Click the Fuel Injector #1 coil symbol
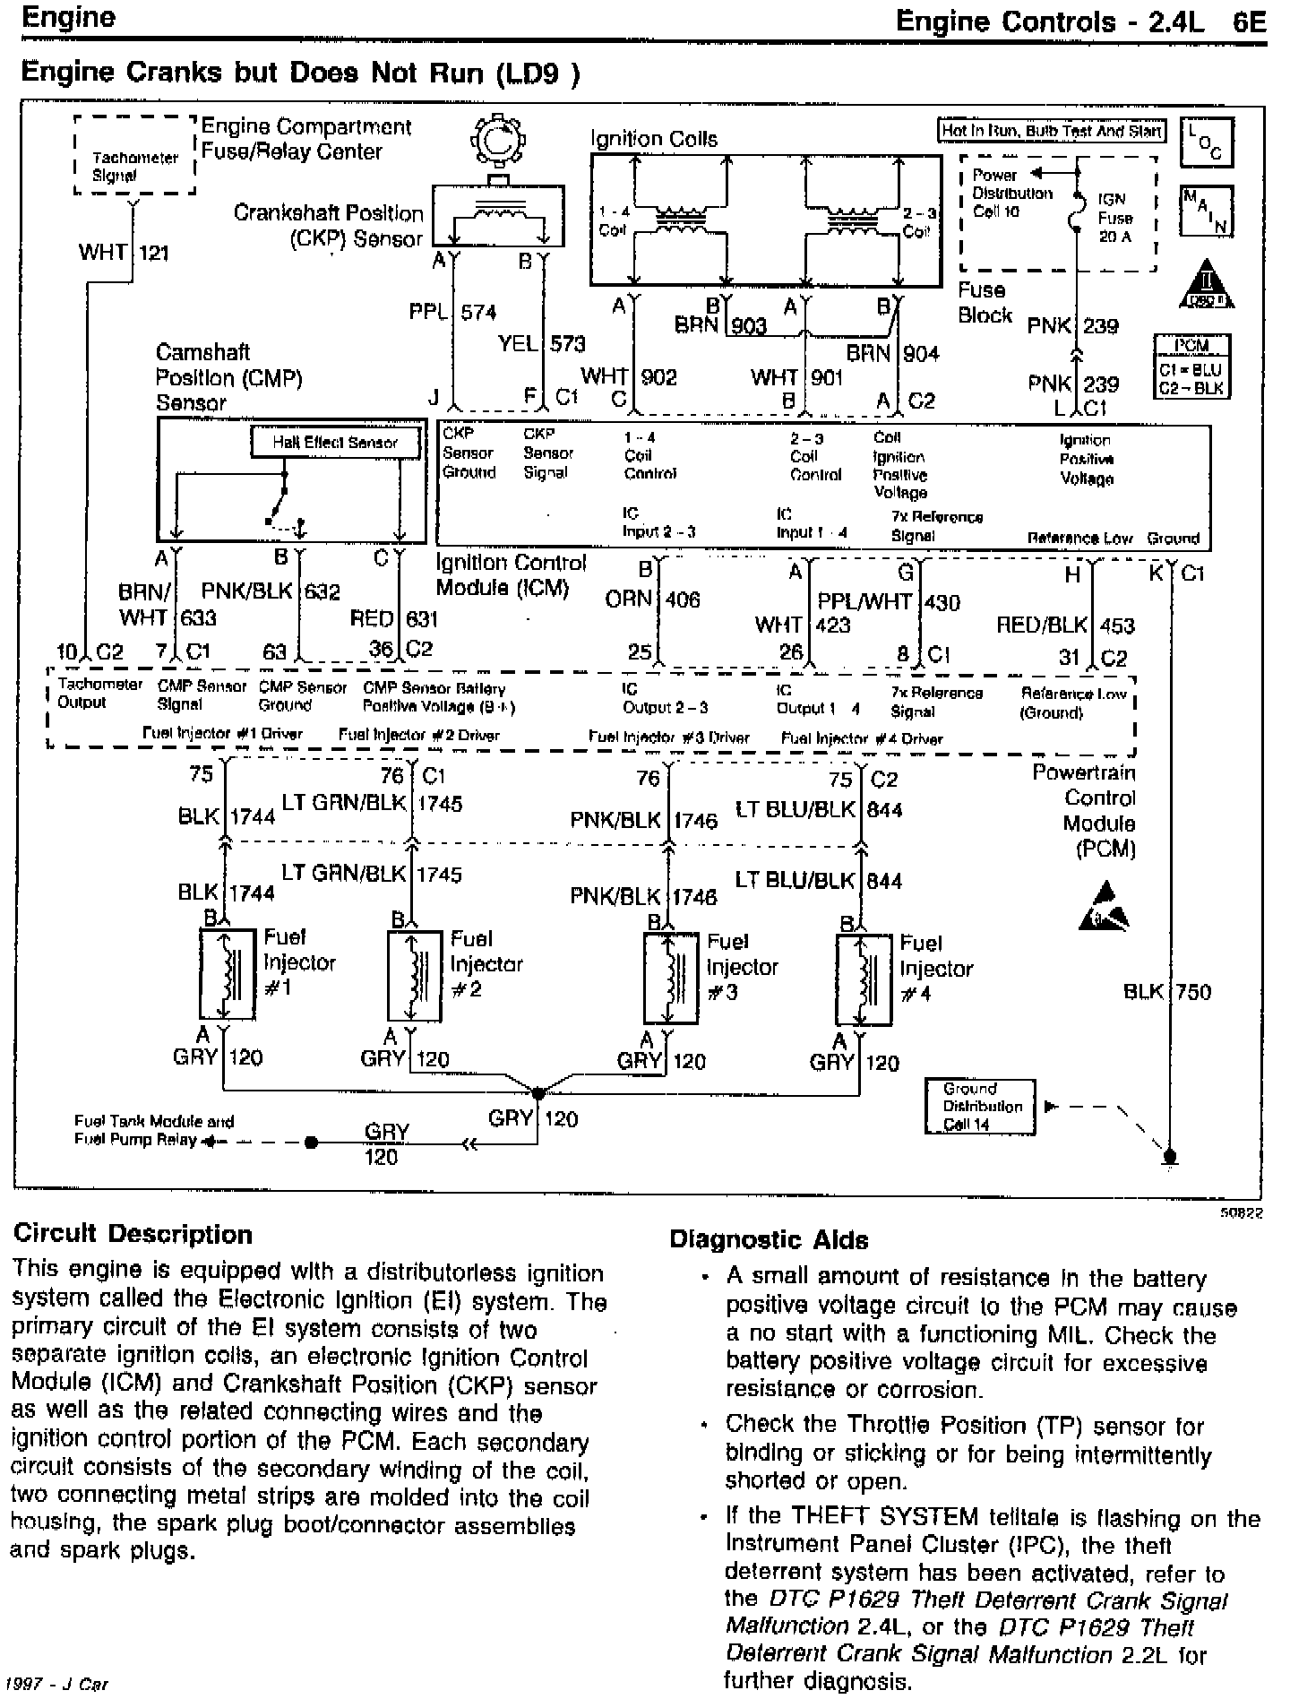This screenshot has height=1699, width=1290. (227, 974)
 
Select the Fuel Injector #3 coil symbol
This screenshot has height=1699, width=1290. (671, 978)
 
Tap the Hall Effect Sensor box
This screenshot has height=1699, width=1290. (334, 443)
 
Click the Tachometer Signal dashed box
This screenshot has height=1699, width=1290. (135, 156)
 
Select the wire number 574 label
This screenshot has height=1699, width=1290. (478, 313)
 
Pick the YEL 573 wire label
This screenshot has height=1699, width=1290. (542, 343)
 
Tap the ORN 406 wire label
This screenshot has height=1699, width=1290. (652, 599)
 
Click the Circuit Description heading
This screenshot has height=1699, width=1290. (133, 1235)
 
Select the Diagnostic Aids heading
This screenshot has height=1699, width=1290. (769, 1240)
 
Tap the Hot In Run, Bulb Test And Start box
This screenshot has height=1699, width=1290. (1051, 131)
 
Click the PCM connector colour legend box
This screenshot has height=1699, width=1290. (1191, 366)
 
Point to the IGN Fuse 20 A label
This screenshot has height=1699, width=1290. (1114, 218)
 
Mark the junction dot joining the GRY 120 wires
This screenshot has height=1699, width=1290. (537, 1093)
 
